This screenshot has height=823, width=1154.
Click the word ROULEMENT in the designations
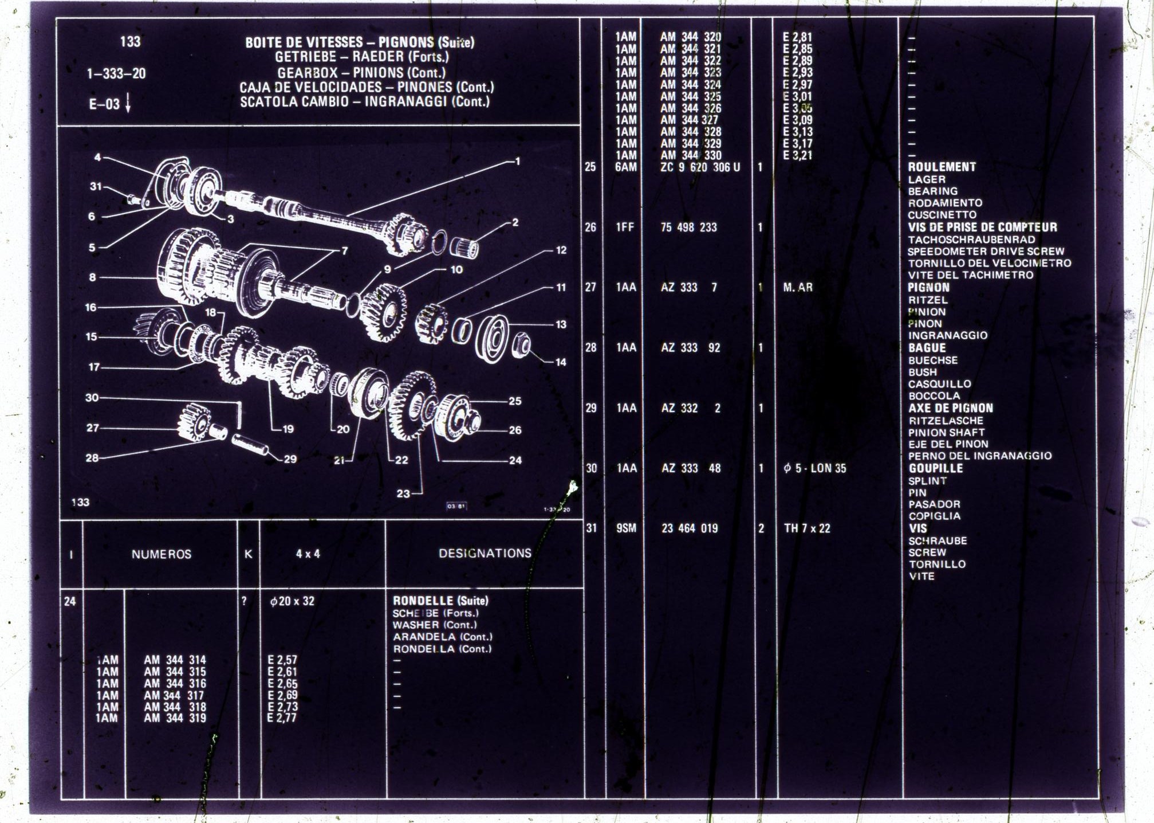942,167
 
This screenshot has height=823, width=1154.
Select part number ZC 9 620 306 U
700,167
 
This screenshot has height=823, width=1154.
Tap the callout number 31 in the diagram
96,186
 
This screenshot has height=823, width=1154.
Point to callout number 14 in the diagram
561,362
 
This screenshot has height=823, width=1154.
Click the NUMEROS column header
162,554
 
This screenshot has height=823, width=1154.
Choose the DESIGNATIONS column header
485,553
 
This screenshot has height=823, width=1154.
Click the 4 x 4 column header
308,554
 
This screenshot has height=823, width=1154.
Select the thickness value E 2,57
282,660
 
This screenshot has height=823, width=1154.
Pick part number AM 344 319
175,718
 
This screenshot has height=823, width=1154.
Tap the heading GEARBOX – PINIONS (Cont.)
361,73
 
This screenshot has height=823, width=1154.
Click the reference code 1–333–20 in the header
116,73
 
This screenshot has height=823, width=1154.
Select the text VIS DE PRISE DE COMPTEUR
982,227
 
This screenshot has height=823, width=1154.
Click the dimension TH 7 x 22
807,528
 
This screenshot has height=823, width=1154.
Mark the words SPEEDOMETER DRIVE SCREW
986,251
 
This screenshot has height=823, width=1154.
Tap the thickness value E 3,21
797,155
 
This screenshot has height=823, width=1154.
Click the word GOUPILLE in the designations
935,468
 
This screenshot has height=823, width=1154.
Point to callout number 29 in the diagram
290,458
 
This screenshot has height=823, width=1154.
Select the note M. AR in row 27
798,287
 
